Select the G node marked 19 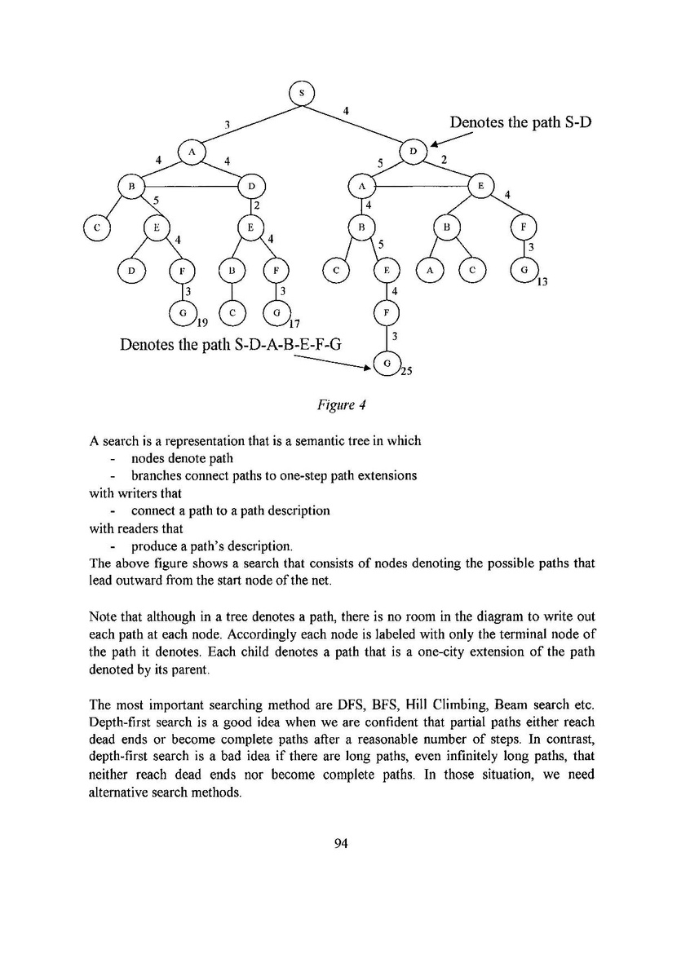click(184, 313)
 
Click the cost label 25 click(405, 373)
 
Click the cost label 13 click(542, 283)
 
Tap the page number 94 click(342, 844)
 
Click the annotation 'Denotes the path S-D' click(520, 123)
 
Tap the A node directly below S click(192, 152)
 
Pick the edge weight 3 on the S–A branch click(228, 125)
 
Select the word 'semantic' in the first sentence click(326, 441)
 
